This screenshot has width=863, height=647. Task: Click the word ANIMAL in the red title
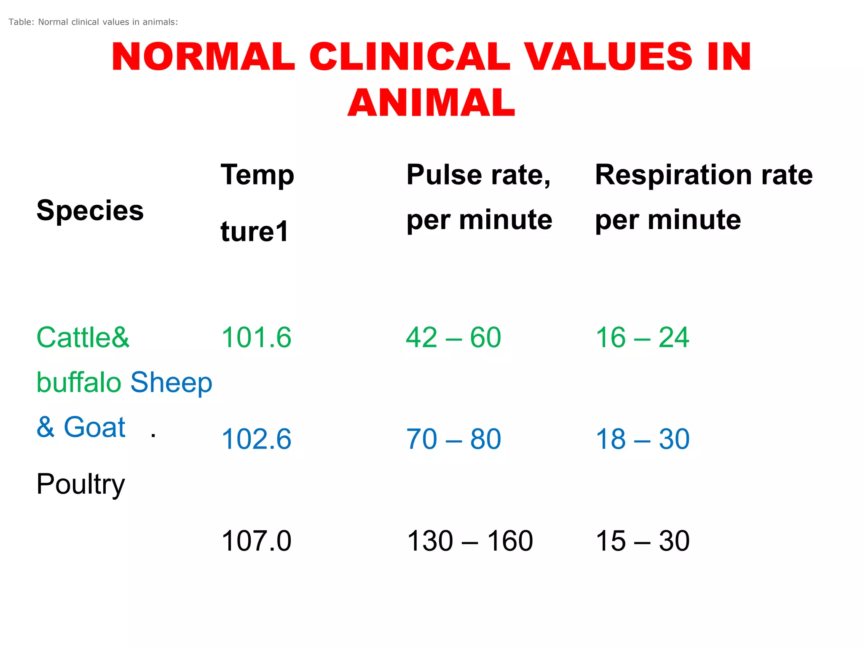pos(431,103)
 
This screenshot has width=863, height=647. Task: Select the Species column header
pos(90,210)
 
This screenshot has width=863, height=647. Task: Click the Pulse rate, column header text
pos(478,175)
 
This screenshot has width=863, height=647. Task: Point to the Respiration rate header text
pos(704,175)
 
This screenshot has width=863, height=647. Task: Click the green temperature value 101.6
pos(256,337)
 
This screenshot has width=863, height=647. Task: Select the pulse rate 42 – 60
pos(453,337)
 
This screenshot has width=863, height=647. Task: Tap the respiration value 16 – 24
pos(642,337)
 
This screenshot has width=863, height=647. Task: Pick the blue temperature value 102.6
pos(256,439)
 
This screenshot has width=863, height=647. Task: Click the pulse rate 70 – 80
pos(453,439)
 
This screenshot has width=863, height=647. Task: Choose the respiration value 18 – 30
pos(642,439)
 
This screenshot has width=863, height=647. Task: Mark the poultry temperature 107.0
pos(256,541)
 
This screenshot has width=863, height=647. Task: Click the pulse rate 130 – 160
pos(470,541)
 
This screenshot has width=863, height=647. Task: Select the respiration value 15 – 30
pos(642,541)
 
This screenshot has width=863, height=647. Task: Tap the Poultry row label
pos(80,484)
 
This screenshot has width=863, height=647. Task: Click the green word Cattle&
pos(83,337)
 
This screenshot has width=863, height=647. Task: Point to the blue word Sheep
pos(171,382)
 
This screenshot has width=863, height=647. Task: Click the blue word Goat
pos(94,427)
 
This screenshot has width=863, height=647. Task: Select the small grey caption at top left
pos(93,22)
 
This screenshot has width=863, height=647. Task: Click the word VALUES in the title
pos(609,57)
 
